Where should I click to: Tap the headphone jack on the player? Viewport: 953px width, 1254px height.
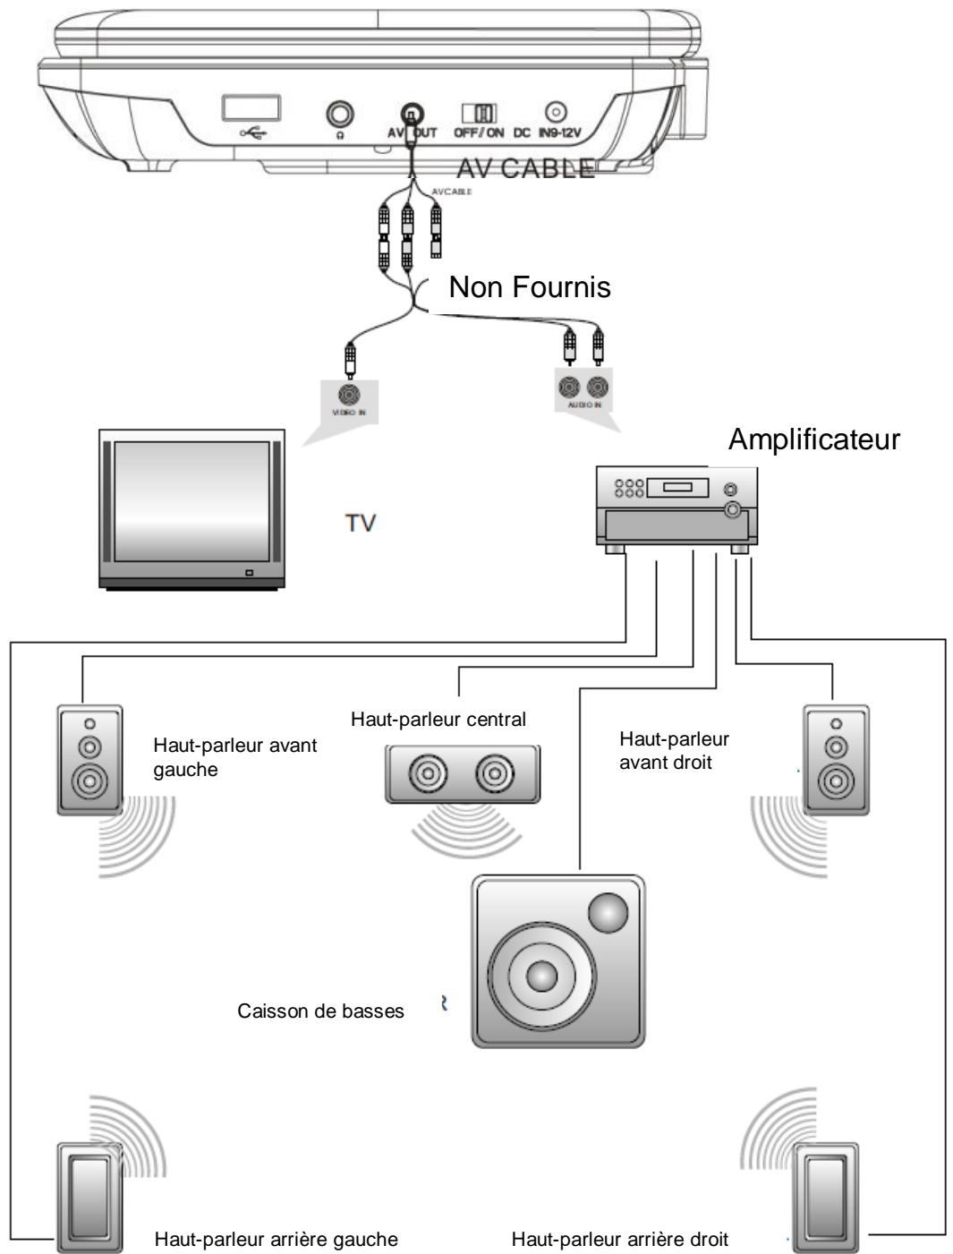pyautogui.click(x=340, y=114)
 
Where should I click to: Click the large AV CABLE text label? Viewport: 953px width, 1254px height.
pyautogui.click(x=525, y=169)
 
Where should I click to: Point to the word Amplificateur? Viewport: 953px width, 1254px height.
pyautogui.click(x=813, y=440)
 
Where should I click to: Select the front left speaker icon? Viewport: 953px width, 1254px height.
pyautogui.click(x=89, y=759)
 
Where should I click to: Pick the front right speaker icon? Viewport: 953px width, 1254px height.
pyautogui.click(x=835, y=759)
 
